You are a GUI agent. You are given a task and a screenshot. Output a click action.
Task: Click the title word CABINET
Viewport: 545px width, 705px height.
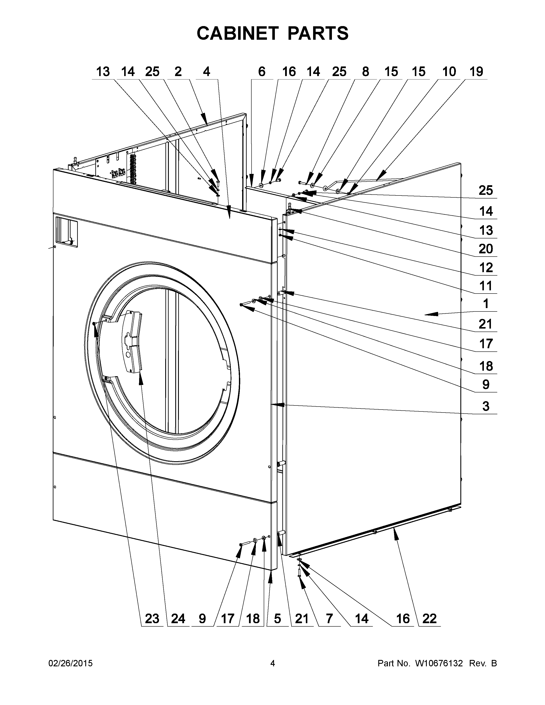(237, 33)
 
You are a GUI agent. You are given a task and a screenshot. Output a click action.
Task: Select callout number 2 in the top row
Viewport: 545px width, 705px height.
(178, 72)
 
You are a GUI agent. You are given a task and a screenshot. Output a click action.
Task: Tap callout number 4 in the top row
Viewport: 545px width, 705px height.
(207, 72)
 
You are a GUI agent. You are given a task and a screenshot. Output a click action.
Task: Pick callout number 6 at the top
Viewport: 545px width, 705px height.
(262, 72)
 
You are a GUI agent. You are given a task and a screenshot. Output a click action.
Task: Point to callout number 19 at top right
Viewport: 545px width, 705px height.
(476, 72)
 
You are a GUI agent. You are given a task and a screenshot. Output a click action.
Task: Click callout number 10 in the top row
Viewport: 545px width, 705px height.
(449, 72)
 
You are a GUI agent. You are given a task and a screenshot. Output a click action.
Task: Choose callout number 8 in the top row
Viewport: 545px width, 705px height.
(365, 72)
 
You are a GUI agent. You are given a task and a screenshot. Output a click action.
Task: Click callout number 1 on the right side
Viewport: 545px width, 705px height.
(486, 304)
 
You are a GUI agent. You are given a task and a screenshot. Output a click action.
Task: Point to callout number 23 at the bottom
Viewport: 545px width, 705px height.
(152, 618)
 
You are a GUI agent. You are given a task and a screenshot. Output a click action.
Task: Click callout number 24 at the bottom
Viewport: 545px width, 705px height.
(178, 618)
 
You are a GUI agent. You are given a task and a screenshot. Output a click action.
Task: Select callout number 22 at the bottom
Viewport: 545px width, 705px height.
(429, 618)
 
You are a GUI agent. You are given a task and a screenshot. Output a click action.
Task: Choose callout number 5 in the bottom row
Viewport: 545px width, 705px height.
(278, 618)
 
